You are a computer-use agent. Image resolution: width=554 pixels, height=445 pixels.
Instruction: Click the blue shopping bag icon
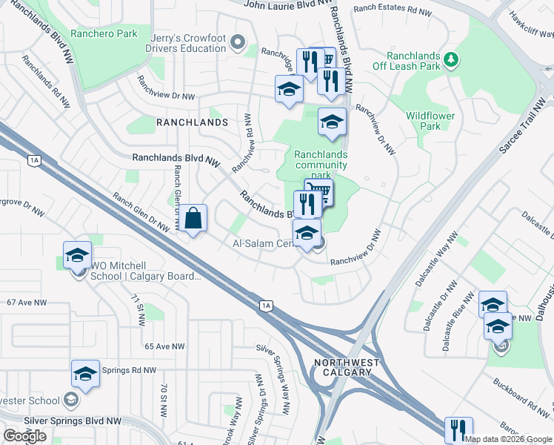click(193, 219)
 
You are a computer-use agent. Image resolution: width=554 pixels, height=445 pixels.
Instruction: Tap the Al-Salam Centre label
click(263, 243)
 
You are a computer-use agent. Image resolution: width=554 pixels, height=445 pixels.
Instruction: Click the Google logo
click(25, 436)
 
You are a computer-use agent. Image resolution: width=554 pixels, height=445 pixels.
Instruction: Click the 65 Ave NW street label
click(164, 346)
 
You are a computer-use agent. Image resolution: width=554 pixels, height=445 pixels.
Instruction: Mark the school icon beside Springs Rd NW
click(85, 373)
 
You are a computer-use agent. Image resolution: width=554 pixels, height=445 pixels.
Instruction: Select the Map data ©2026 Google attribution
click(508, 439)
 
